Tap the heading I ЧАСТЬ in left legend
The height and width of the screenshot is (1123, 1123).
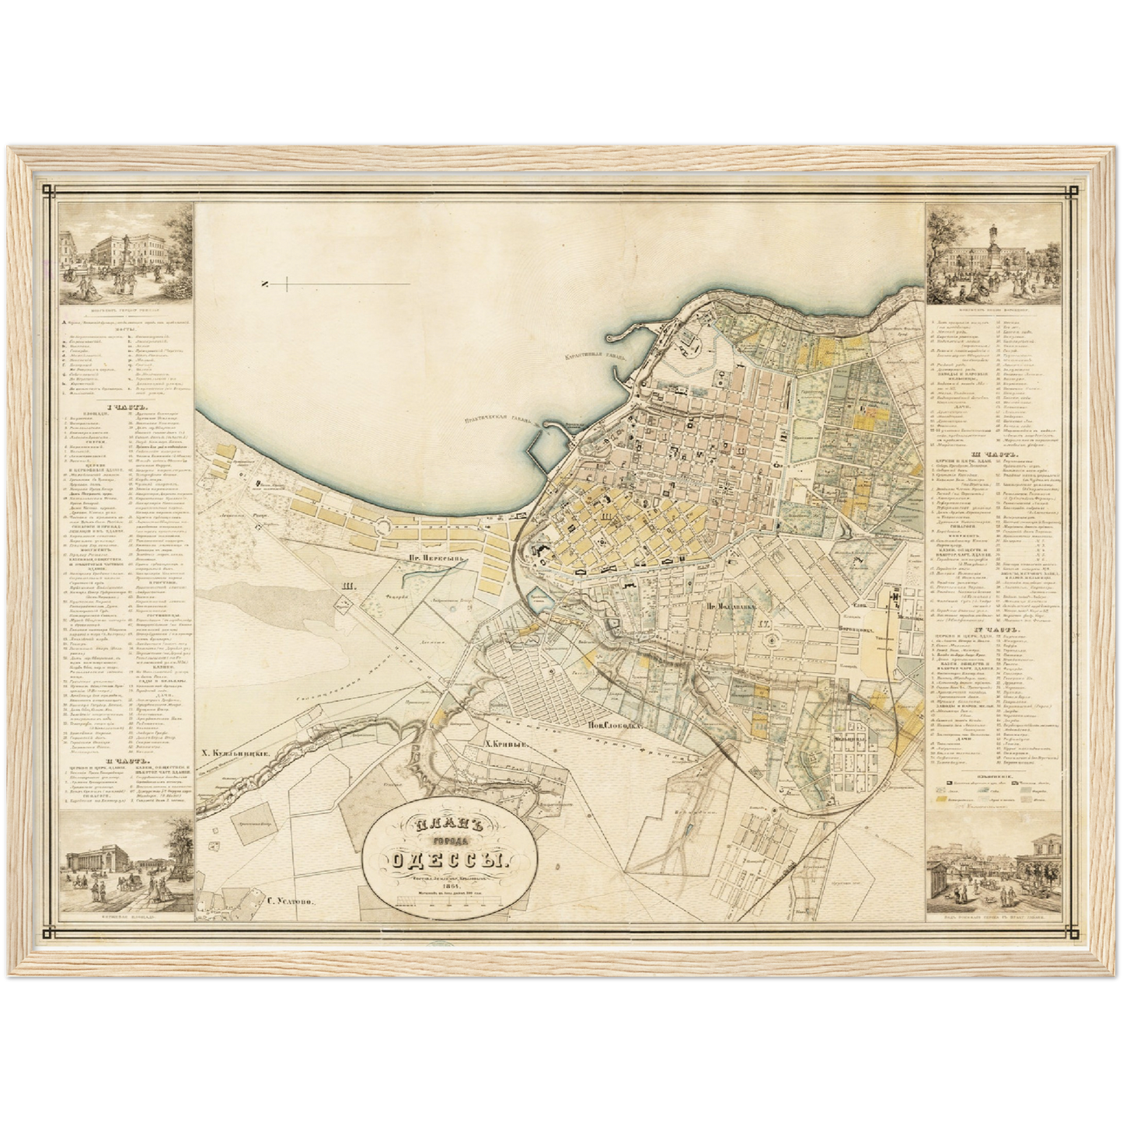point(124,406)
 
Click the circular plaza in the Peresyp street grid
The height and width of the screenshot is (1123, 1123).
point(382,528)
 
